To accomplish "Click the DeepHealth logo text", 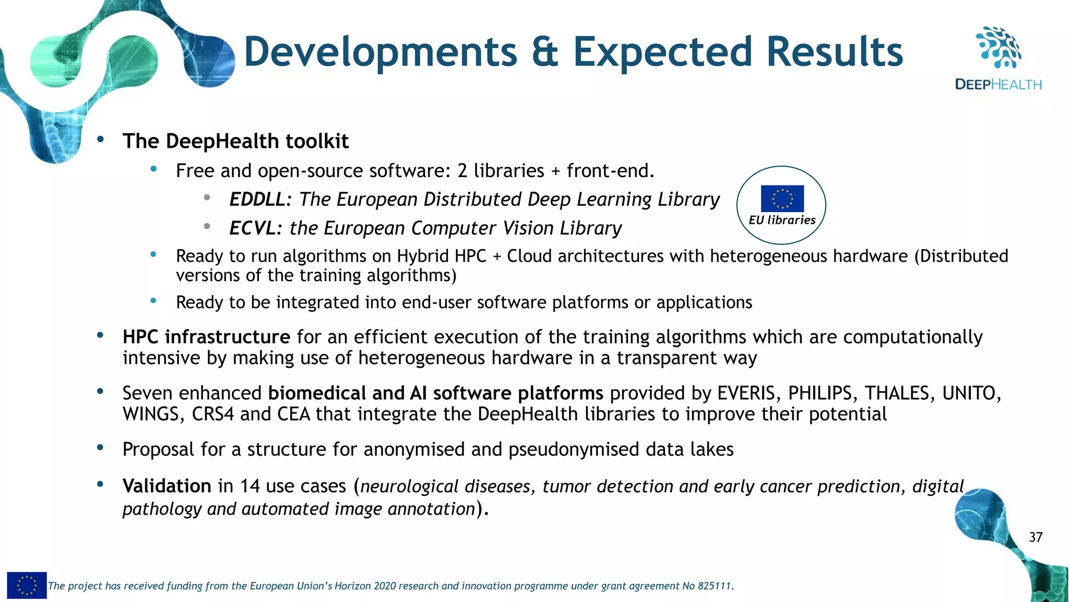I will click(997, 85).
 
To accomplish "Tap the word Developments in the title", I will click(381, 52).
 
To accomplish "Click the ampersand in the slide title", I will click(545, 52).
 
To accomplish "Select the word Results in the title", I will click(835, 52).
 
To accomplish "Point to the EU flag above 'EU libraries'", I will click(782, 199).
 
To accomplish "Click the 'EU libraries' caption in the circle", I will click(781, 221).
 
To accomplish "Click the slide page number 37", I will click(1036, 537).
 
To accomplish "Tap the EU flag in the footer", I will click(27, 585).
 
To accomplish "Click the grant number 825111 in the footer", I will click(714, 586).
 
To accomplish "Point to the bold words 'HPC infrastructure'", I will click(206, 337).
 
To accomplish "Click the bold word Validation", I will click(167, 487).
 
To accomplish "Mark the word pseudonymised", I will click(574, 449).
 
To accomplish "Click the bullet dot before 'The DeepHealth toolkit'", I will click(100, 140).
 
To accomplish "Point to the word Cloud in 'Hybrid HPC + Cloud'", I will click(529, 257).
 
